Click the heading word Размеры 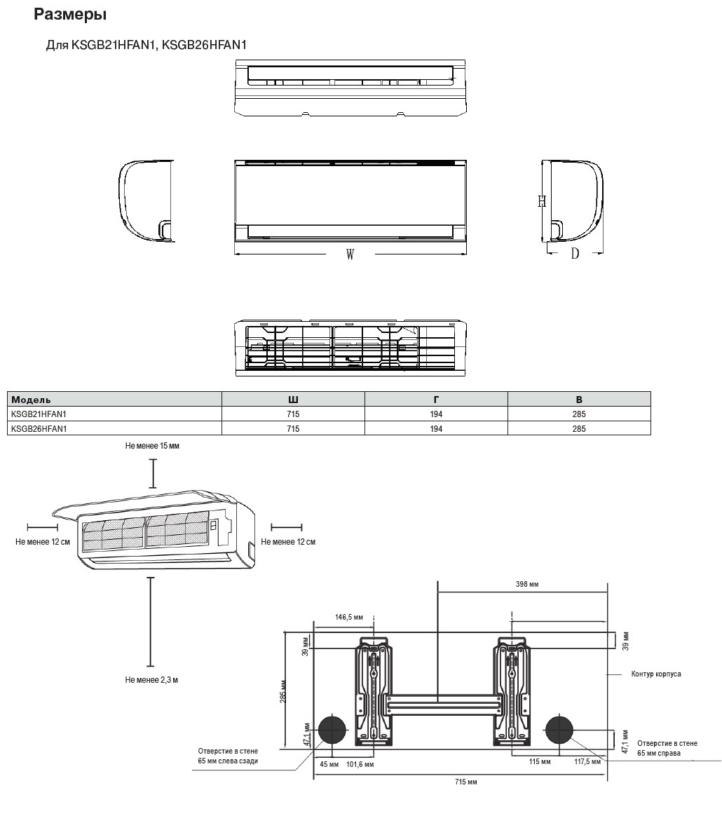[x=70, y=14]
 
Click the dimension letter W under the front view [x=350, y=254]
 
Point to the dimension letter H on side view [x=542, y=201]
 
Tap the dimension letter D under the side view [x=575, y=254]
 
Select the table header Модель [x=31, y=399]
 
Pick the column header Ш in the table [x=293, y=399]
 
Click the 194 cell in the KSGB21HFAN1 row [x=436, y=414]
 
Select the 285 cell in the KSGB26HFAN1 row [x=578, y=428]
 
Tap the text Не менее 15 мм [x=152, y=446]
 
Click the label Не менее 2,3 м [x=151, y=680]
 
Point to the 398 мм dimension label [x=526, y=584]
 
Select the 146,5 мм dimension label [x=349, y=617]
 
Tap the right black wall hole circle [x=560, y=730]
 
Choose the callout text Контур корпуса [x=655, y=674]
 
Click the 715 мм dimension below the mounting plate [x=465, y=781]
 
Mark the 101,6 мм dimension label [x=360, y=764]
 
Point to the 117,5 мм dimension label [x=587, y=761]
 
